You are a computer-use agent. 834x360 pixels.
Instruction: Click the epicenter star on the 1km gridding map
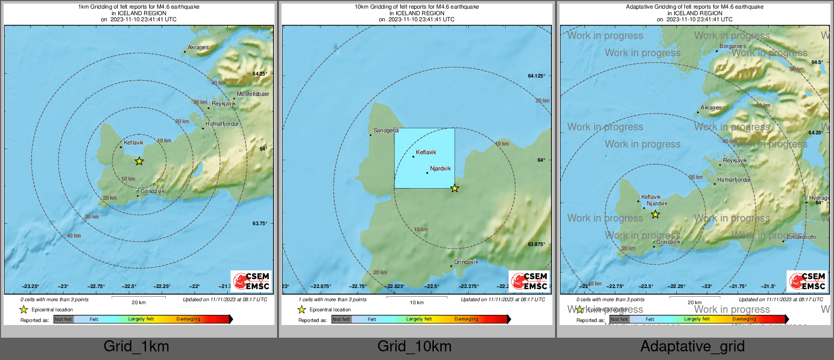[139, 161]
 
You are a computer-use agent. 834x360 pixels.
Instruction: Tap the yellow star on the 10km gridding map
[455, 189]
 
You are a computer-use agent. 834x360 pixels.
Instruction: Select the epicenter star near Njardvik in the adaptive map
[655, 214]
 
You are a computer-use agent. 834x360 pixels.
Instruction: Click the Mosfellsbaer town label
[253, 94]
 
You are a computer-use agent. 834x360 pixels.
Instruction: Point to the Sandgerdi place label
[386, 130]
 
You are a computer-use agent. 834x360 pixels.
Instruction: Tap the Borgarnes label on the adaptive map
[733, 46]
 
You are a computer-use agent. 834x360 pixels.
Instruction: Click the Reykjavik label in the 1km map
[223, 103]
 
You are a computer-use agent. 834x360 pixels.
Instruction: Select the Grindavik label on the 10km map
[466, 262]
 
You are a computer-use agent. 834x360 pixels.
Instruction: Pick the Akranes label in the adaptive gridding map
[711, 107]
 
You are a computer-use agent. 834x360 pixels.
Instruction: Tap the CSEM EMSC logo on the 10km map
[530, 281]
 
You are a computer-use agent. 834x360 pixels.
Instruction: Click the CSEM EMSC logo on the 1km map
[252, 281]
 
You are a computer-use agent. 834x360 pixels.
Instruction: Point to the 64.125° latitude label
[537, 76]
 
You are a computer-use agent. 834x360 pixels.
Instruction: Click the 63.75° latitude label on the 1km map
[260, 223]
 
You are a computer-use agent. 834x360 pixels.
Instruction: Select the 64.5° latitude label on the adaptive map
[817, 62]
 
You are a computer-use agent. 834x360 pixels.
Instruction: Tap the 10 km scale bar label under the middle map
[416, 303]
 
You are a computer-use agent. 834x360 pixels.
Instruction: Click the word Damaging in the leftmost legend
[188, 319]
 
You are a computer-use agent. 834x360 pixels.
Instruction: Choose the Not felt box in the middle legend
[341, 319]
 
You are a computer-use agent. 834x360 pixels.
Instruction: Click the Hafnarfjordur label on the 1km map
[222, 124]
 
